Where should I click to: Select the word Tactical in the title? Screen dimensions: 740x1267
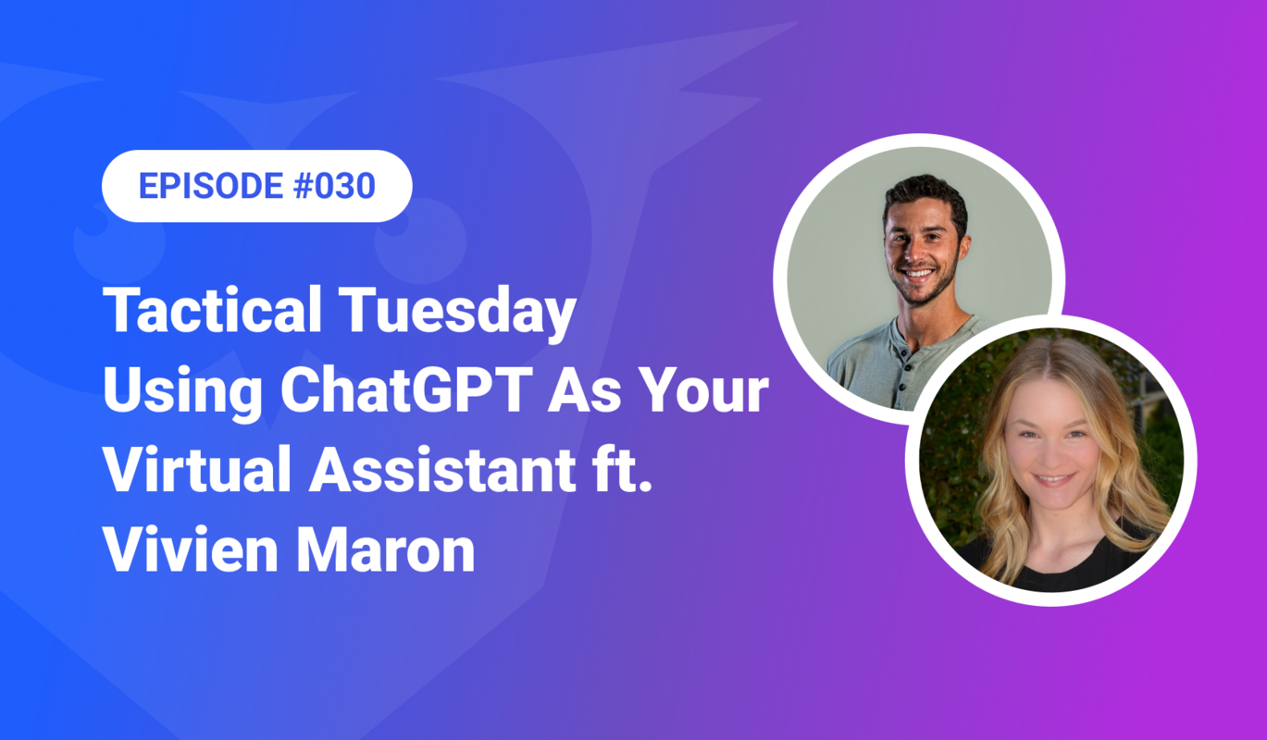coord(214,313)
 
